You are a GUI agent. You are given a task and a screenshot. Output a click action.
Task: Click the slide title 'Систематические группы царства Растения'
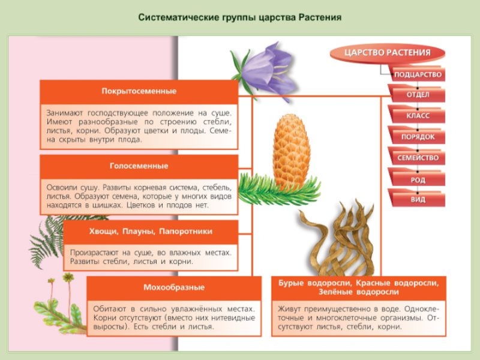(x=240, y=17)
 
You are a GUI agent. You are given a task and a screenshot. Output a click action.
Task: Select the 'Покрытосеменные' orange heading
(x=139, y=92)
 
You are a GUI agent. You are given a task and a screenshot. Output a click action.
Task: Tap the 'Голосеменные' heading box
(x=139, y=166)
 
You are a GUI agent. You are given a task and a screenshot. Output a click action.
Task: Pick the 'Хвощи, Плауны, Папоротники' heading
(x=150, y=231)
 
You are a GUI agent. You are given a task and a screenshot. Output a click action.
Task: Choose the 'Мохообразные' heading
(x=174, y=287)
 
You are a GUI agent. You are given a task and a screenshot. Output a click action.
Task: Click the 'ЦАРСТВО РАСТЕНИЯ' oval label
(x=388, y=53)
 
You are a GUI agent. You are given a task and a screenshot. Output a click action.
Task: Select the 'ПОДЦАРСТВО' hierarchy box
(x=418, y=75)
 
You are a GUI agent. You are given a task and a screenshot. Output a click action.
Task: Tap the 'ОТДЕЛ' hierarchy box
(x=418, y=95)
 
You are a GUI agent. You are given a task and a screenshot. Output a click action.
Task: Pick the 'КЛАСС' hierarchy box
(x=418, y=116)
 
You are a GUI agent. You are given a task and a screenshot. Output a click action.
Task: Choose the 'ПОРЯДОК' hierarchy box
(x=418, y=137)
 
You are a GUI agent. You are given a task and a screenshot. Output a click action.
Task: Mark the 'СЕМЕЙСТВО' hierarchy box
(x=418, y=158)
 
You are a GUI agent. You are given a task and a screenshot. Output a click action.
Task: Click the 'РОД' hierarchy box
(x=418, y=179)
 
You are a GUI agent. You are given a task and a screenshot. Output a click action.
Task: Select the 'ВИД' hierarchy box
(x=418, y=199)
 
